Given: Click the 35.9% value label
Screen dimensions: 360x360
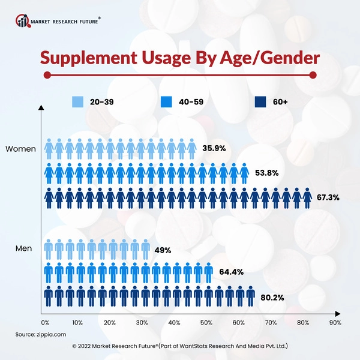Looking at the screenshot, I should click(x=214, y=148).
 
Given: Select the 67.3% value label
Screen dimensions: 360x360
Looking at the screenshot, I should click(x=329, y=197).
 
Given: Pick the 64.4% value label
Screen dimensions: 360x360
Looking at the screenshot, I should click(x=230, y=272).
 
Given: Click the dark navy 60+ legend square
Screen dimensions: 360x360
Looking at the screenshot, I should click(x=260, y=102).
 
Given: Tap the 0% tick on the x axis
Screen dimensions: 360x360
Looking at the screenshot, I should click(x=45, y=322).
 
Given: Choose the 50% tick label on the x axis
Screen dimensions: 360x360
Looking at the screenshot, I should click(x=206, y=322).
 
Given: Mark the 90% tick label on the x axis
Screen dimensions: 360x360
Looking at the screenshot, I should click(x=335, y=322).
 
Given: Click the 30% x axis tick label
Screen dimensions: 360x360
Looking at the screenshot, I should click(x=142, y=322).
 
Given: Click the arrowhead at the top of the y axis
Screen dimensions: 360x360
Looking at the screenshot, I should click(x=40, y=109).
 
